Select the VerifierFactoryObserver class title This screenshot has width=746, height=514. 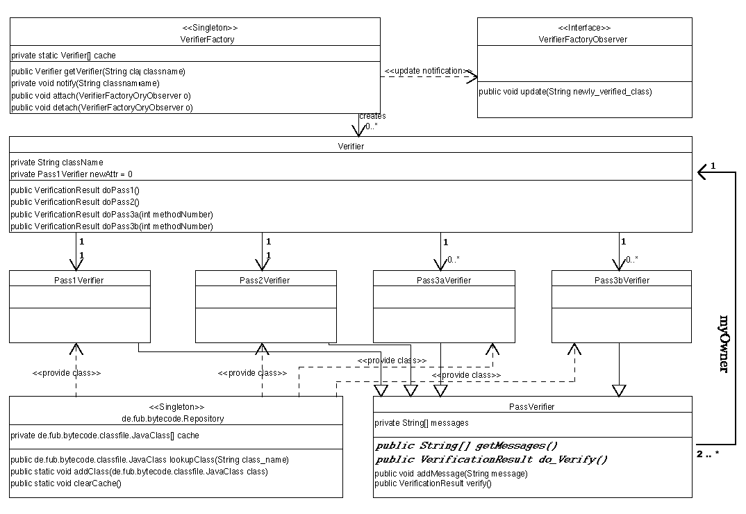(x=583, y=40)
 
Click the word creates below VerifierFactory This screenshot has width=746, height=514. (x=372, y=116)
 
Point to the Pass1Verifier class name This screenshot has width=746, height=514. (x=80, y=280)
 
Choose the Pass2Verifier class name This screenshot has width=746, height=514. (x=266, y=280)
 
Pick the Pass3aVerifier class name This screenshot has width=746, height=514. (x=444, y=280)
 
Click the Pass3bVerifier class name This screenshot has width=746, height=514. (x=622, y=280)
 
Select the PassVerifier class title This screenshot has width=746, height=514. (x=532, y=406)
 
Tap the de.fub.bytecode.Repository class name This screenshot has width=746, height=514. (x=176, y=419)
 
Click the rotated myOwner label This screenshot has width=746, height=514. (x=723, y=344)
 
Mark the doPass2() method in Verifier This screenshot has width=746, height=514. (x=76, y=201)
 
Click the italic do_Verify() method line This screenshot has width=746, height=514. (x=492, y=460)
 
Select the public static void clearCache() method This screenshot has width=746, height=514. (x=67, y=483)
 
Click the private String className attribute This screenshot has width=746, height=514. (x=57, y=162)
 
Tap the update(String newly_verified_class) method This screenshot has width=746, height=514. (x=565, y=91)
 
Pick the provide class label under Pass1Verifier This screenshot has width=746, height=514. (x=67, y=373)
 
